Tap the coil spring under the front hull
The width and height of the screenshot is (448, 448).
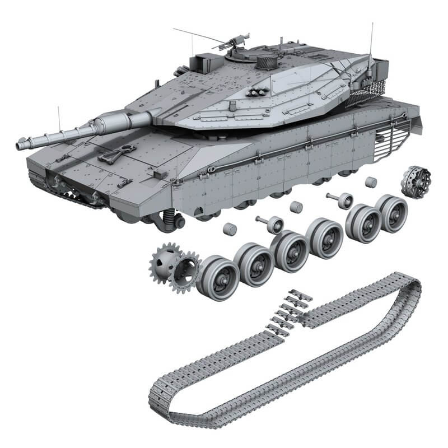pos(166,218)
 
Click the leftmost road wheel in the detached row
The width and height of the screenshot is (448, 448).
pos(216,277)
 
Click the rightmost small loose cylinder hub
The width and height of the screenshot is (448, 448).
pos(370,183)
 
